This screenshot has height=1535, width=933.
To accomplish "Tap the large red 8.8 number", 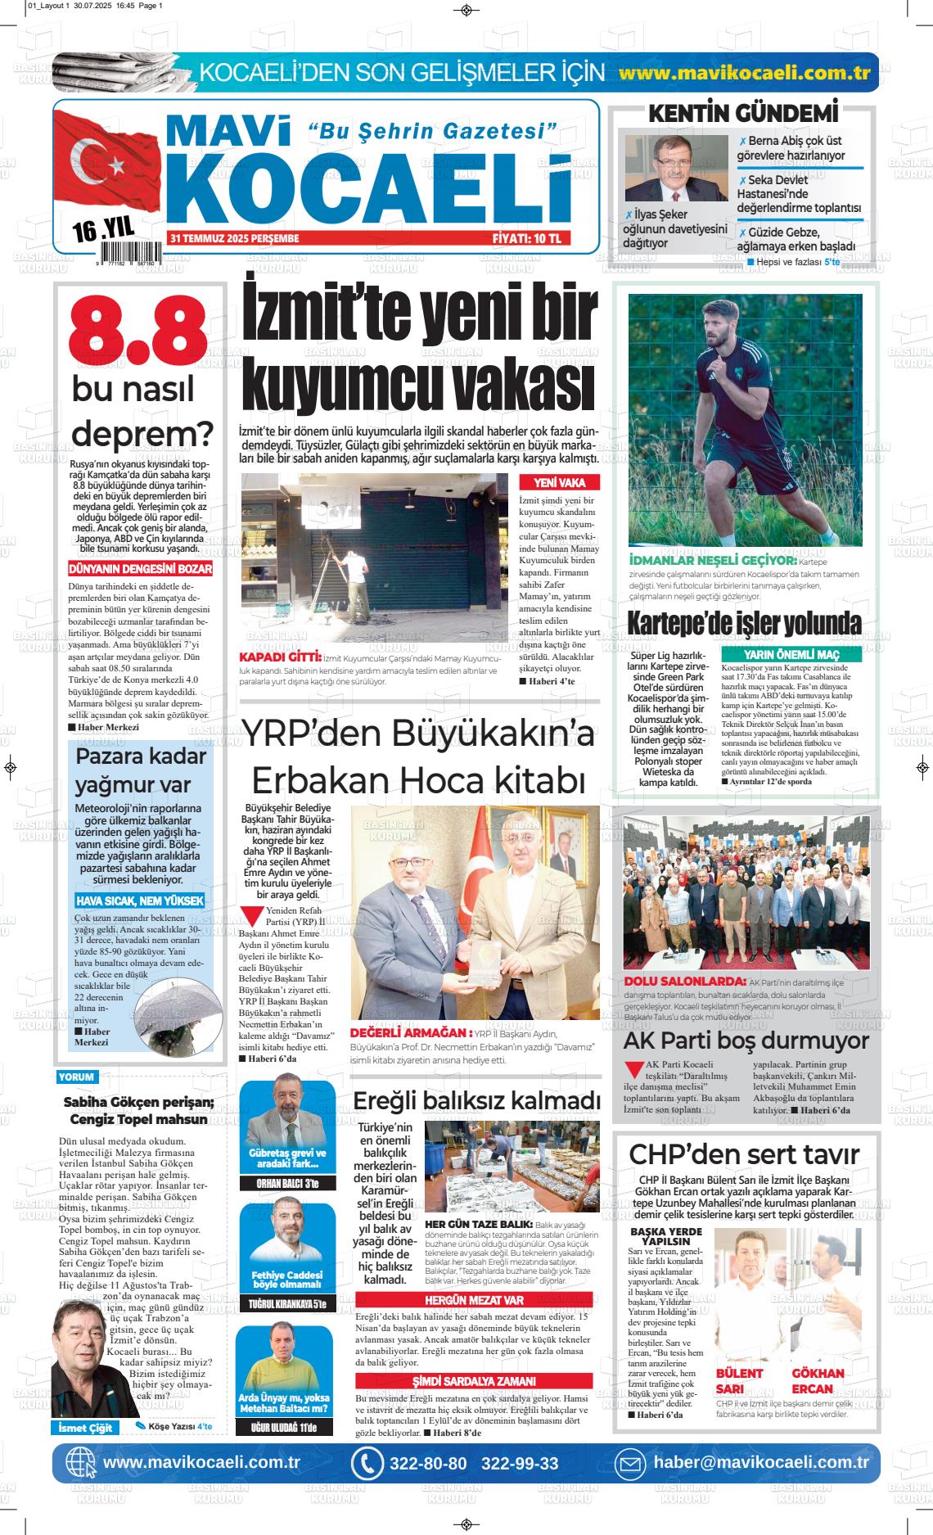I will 137,334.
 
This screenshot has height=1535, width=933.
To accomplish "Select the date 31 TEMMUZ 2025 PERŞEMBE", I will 235,238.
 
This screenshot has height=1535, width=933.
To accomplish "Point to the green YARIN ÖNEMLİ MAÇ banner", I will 791,656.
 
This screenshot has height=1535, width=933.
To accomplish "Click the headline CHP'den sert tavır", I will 744,1154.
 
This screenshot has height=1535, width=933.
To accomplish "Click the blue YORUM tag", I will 76,1077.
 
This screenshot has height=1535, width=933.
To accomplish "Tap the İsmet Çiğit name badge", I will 84,1428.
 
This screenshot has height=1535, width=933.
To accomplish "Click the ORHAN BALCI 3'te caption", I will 286,1184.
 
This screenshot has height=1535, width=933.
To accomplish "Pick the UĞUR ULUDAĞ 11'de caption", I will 284,1428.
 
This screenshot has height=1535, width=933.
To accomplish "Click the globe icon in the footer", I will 79,1463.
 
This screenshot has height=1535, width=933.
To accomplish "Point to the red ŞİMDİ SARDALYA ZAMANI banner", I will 474,1381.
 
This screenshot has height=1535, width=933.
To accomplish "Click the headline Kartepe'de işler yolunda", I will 744,624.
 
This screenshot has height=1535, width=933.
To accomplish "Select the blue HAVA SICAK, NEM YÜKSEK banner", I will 139,901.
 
